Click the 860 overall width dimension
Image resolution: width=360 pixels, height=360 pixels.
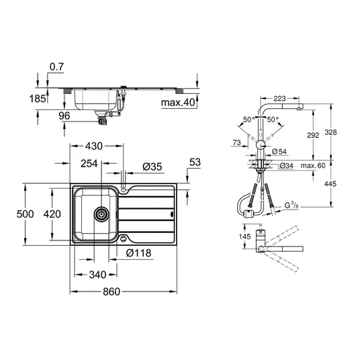pyautogui.click(x=111, y=291)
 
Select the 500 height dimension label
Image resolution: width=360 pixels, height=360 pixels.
pyautogui.click(x=25, y=214)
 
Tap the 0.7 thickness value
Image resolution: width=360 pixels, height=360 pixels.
pyautogui.click(x=56, y=66)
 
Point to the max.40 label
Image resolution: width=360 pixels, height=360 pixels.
pyautogui.click(x=178, y=102)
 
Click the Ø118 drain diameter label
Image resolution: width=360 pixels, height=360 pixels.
pyautogui.click(x=138, y=253)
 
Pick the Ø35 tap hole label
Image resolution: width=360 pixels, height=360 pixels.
pyautogui.click(x=152, y=167)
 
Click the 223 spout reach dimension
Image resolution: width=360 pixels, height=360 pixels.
pyautogui.click(x=279, y=99)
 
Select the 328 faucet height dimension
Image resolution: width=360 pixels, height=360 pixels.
pyautogui.click(x=330, y=132)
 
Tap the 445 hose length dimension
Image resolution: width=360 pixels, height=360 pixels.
pyautogui.click(x=330, y=183)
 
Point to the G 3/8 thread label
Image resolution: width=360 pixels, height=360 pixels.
pyautogui.click(x=291, y=205)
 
